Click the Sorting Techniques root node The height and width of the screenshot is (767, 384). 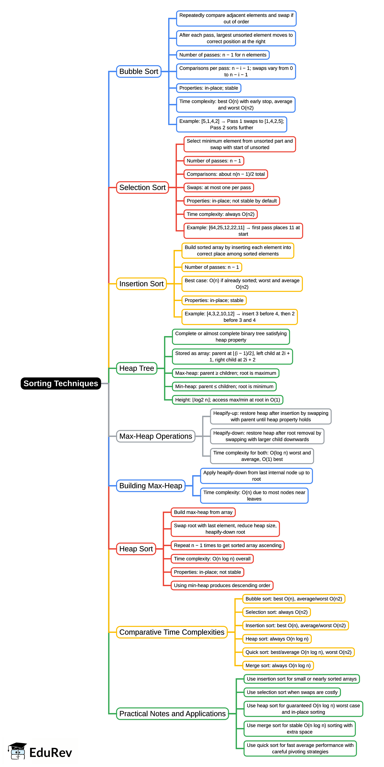click(61, 383)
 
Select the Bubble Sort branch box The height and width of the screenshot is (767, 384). click(139, 71)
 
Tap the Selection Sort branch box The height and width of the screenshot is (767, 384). click(142, 188)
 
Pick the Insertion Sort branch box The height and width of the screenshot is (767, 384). click(141, 284)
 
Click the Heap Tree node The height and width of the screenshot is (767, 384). click(137, 368)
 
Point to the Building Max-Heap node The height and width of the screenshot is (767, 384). click(151, 486)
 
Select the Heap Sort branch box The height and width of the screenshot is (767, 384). click(136, 549)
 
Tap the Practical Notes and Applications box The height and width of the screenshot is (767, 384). click(172, 714)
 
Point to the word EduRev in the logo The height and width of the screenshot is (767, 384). click(51, 753)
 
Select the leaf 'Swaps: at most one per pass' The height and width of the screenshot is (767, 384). click(219, 188)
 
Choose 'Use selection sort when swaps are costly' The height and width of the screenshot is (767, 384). click(292, 692)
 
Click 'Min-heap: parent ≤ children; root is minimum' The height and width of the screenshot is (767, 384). click(224, 387)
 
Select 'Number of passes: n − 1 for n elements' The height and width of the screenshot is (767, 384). click(223, 55)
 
